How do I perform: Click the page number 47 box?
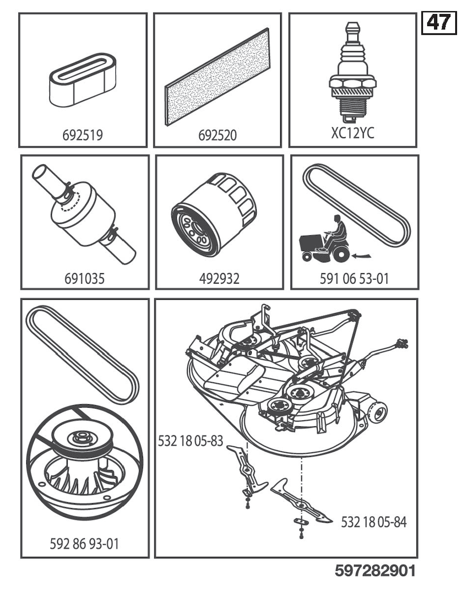(439, 23)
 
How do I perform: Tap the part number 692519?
(83, 135)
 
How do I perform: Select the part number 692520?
(217, 135)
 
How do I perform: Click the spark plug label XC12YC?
(352, 133)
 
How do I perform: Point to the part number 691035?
(84, 279)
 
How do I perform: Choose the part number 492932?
(219, 279)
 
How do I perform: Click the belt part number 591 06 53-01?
(354, 279)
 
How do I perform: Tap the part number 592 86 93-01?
(84, 544)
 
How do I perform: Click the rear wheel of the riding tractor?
(340, 255)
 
